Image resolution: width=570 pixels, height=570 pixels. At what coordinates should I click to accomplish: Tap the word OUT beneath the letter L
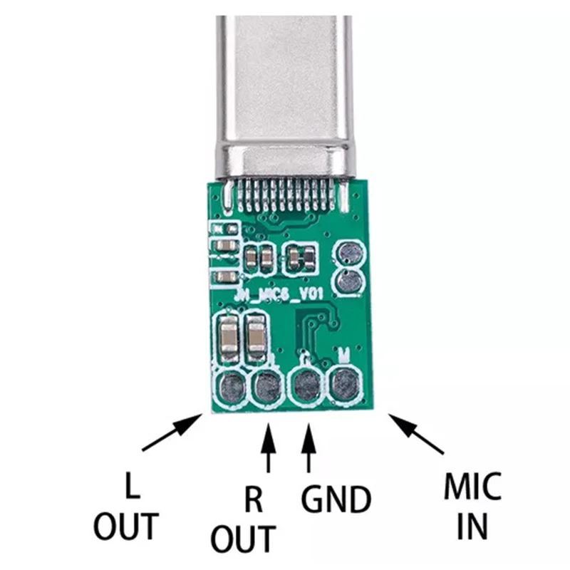(x=127, y=527)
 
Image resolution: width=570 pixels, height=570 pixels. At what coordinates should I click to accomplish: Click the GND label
(x=336, y=499)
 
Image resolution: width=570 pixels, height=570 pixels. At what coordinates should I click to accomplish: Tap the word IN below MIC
(x=472, y=527)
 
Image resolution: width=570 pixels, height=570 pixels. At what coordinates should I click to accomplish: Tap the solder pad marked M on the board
(x=345, y=385)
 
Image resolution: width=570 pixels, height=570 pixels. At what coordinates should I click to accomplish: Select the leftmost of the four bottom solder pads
(x=232, y=388)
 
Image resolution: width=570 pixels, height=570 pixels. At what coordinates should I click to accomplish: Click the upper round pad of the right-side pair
(x=349, y=252)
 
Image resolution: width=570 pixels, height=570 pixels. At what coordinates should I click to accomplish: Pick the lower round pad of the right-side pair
(x=349, y=282)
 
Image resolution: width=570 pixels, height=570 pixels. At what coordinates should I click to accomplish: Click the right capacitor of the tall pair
(x=254, y=337)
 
